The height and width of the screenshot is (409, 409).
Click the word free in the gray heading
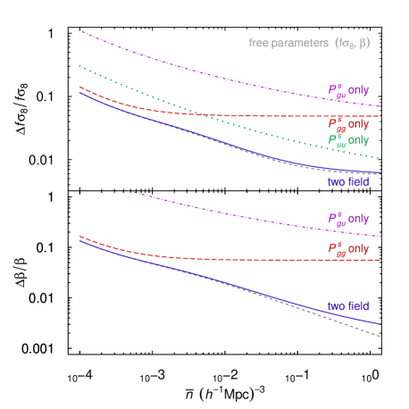257,43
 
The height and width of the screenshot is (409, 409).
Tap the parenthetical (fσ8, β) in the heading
351,43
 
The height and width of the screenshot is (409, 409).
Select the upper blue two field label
347,182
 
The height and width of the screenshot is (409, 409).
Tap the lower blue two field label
347,306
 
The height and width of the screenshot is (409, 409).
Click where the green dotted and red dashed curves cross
204,114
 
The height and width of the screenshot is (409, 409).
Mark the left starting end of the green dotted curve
79,66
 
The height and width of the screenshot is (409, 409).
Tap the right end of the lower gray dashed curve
380,337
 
